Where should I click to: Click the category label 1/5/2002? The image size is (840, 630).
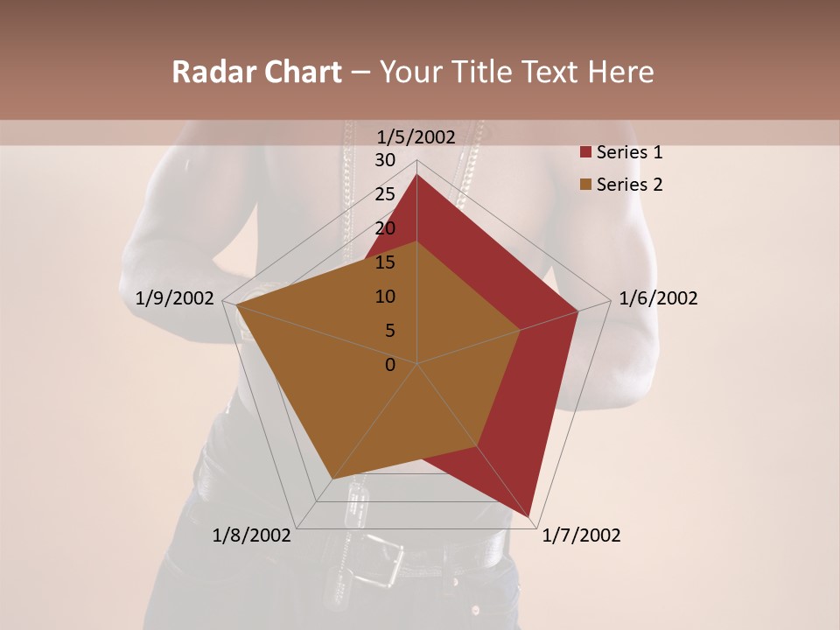point(416,136)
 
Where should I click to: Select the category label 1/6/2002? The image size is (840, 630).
point(658,298)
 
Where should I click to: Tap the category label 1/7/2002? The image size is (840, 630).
point(581,535)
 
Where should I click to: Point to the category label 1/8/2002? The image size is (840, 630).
point(252,535)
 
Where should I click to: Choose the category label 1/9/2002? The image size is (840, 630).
point(175,298)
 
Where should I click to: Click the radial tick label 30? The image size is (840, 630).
point(385,160)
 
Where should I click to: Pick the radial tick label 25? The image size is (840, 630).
point(385,194)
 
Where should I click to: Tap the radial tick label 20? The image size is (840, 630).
point(385,228)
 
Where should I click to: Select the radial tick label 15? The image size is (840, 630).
point(385,262)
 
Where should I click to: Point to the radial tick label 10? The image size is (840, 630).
point(385,297)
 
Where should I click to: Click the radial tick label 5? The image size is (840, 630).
point(389,331)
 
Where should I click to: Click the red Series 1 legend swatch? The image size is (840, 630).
point(585,153)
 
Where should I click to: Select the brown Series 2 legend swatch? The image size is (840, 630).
point(585,185)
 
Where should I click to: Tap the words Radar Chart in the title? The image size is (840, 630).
point(256,72)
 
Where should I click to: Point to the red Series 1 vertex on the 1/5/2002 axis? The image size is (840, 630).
point(416,175)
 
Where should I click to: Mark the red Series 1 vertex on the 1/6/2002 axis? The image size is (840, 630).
point(577,311)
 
